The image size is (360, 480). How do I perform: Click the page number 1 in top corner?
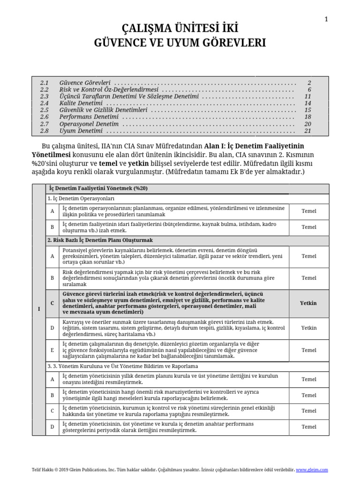click(x=326, y=19)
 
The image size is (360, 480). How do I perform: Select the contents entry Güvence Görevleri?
click(x=85, y=82)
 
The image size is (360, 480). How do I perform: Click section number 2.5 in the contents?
click(x=45, y=110)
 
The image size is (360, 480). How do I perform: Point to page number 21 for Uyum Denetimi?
click(x=307, y=131)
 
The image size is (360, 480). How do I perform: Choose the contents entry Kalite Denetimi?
click(x=81, y=103)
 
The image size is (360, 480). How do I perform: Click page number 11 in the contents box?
click(x=307, y=96)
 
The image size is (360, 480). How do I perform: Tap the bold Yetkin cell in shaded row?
click(x=308, y=303)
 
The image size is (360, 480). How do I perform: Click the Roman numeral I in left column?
click(x=38, y=309)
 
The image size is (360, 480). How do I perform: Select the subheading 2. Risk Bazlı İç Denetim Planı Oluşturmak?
click(x=100, y=240)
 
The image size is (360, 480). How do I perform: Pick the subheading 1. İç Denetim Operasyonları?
click(x=82, y=199)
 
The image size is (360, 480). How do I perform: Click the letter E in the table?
click(x=52, y=350)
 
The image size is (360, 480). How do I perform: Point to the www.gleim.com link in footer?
click(x=312, y=470)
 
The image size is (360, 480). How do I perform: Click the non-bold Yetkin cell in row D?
click(x=308, y=328)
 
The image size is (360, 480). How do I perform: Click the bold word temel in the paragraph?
click(x=108, y=164)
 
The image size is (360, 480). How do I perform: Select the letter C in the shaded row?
click(x=52, y=303)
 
